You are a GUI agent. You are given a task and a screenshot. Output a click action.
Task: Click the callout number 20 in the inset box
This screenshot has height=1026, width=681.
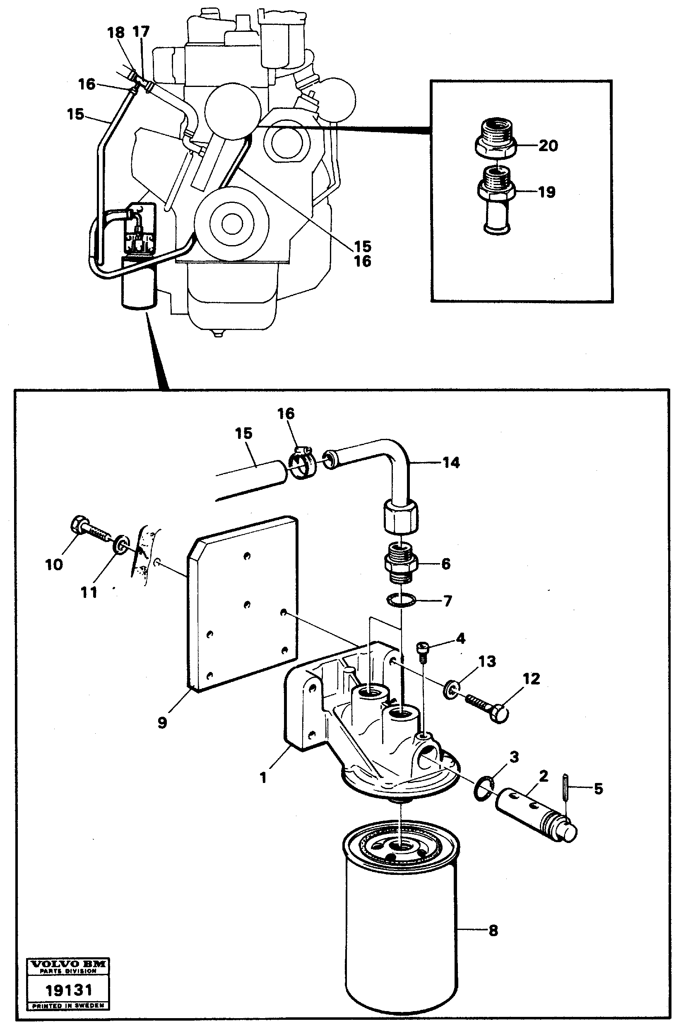548,145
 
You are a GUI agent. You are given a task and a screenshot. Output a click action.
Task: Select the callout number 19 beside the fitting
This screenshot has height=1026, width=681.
546,192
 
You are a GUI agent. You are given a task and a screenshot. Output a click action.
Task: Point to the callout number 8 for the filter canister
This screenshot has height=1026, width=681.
493,931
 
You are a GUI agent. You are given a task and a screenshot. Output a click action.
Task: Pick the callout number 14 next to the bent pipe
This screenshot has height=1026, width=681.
451,463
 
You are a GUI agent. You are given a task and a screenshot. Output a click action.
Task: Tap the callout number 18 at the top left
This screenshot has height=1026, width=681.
116,33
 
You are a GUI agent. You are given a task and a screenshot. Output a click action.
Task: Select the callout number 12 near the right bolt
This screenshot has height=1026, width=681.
531,679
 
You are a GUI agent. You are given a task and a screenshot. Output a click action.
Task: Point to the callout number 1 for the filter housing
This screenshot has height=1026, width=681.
263,777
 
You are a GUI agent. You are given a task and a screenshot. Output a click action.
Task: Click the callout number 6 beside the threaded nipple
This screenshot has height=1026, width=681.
445,564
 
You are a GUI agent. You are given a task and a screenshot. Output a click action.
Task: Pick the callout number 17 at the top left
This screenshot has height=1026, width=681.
141,32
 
